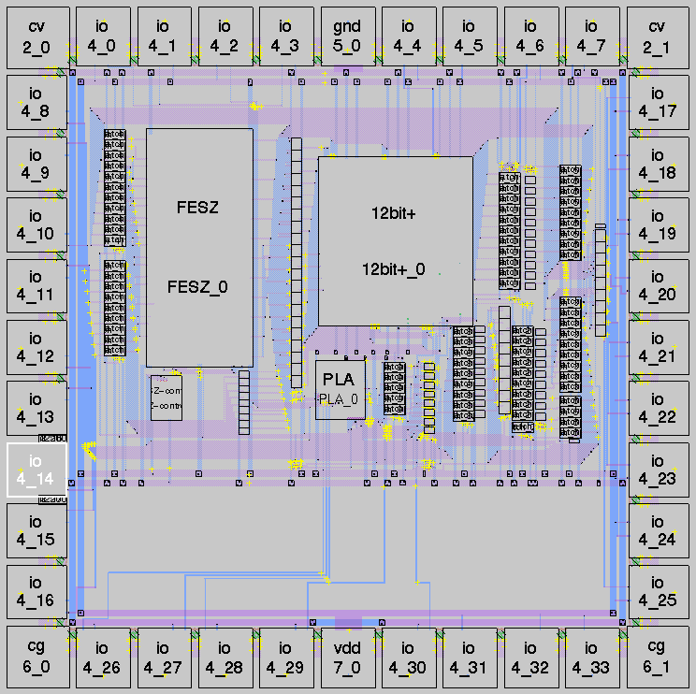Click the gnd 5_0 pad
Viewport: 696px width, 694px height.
(347, 36)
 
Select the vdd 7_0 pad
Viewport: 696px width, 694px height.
(347, 658)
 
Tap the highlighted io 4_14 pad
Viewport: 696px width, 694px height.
(36, 470)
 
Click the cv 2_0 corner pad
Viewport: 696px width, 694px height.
(36, 36)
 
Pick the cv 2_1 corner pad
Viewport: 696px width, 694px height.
(656, 36)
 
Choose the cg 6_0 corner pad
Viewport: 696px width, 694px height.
(36, 658)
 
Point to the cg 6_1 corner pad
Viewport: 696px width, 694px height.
(656, 658)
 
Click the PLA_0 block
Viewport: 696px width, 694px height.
(340, 389)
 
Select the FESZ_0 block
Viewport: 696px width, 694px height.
(199, 247)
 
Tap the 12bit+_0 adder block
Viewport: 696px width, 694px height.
(395, 240)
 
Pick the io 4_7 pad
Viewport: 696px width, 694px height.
(590, 36)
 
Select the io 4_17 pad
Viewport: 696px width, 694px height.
(656, 103)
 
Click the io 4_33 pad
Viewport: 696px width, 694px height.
(590, 658)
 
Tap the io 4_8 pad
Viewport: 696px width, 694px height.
(36, 103)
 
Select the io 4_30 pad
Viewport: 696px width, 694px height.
(407, 658)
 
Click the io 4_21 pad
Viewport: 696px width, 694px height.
(656, 348)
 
